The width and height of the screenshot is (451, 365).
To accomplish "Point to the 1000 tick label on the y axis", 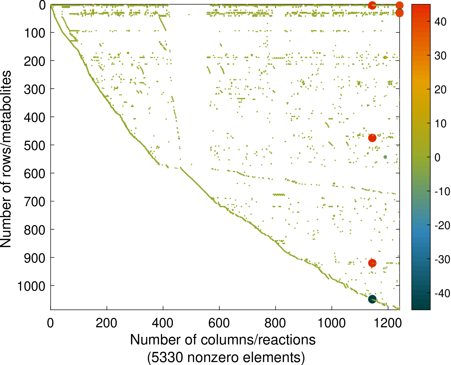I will (32, 286).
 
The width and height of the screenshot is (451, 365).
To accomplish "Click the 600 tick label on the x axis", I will (219, 323).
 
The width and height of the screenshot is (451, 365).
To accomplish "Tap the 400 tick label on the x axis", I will (163, 323).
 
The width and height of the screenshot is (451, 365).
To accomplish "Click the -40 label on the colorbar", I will (442, 294).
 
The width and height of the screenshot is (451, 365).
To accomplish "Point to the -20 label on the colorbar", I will (442, 226).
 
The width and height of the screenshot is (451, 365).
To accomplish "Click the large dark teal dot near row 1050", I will (372, 299).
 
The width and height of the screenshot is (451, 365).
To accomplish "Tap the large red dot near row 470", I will (372, 138).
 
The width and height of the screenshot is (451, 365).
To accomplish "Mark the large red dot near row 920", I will (372, 263).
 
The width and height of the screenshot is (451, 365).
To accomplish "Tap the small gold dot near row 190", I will (385, 57).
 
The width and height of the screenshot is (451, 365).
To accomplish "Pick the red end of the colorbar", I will (421, 6).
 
